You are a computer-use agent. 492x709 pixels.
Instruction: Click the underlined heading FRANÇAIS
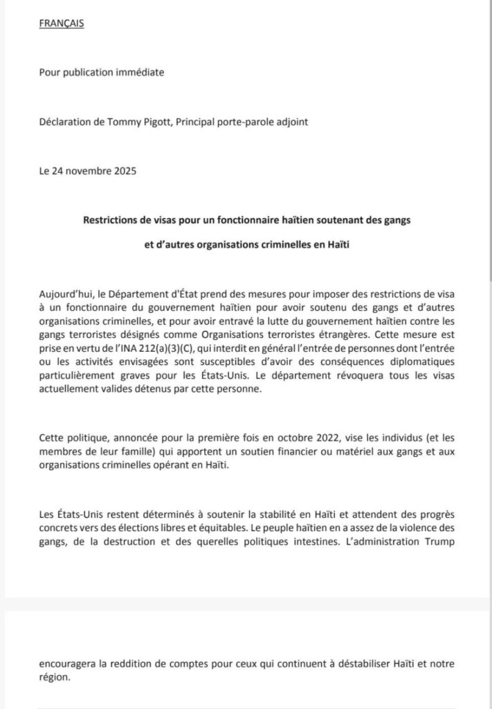tap(61, 24)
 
